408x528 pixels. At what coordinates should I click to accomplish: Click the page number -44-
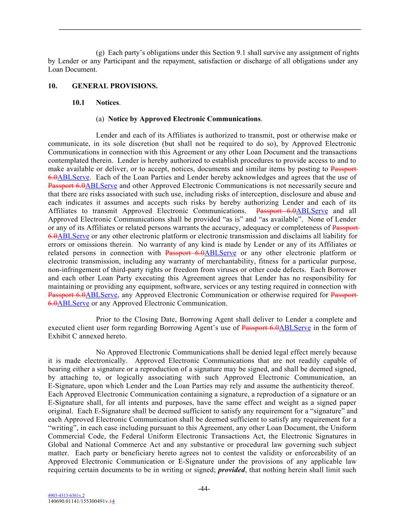pyautogui.click(x=204, y=489)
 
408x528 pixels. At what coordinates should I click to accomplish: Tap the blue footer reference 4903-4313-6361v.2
pyautogui.click(x=66, y=495)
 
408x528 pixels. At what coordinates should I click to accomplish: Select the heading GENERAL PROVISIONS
pyautogui.click(x=114, y=86)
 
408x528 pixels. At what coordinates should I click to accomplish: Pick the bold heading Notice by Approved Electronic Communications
pyautogui.click(x=184, y=119)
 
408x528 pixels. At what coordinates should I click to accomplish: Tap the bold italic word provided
pyautogui.click(x=231, y=470)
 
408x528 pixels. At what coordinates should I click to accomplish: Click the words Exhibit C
pyautogui.click(x=61, y=336)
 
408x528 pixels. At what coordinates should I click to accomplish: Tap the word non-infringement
pyautogui.click(x=73, y=270)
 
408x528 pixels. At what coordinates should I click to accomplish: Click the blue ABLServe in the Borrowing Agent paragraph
pyautogui.click(x=295, y=328)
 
